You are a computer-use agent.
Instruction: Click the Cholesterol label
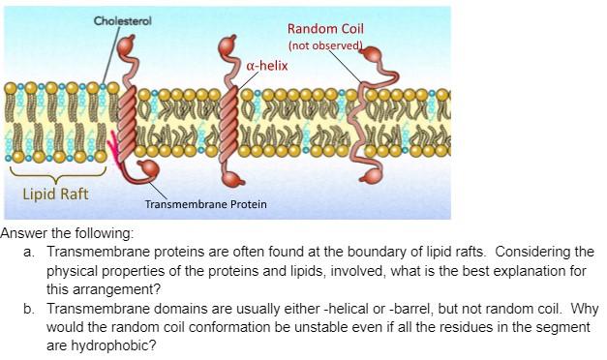[x=122, y=21]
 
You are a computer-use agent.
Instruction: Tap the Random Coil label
[x=325, y=29]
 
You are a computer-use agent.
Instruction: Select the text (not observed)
[x=325, y=45]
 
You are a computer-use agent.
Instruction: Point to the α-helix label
[x=267, y=66]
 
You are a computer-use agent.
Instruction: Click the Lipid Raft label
[x=56, y=194]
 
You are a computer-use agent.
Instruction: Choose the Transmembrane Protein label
[x=205, y=204]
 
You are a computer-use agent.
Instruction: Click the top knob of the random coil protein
[x=373, y=54]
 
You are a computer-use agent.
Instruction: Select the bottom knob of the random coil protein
[x=371, y=176]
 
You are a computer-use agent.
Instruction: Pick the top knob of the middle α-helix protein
[x=228, y=45]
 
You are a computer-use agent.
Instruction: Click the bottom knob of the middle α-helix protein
[x=232, y=180]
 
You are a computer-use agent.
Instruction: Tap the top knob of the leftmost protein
[x=126, y=45]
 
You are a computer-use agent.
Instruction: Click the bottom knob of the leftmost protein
[x=149, y=168]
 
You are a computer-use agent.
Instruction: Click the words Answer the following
[x=67, y=233]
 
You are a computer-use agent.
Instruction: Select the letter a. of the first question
[x=28, y=253]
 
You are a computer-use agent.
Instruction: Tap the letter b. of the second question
[x=28, y=309]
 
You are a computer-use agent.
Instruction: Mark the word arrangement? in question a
[x=104, y=290]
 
